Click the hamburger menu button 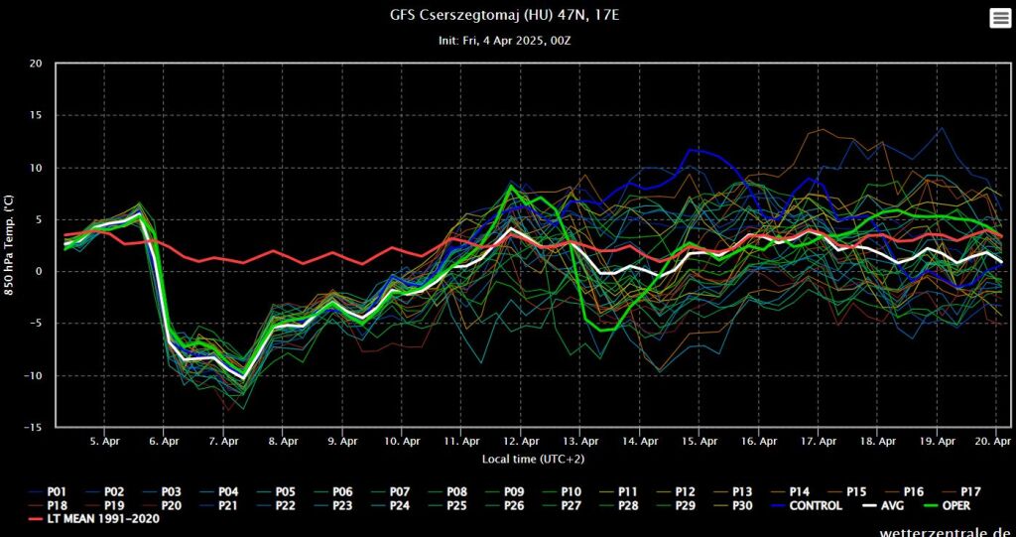click(x=999, y=18)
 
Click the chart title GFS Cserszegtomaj click(x=507, y=16)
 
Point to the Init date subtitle click(x=507, y=41)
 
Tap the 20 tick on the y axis click(x=36, y=65)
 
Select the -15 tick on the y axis click(x=34, y=427)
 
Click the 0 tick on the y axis click(x=39, y=272)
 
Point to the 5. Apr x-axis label click(x=104, y=440)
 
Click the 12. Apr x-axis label click(x=521, y=440)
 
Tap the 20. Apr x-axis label click(x=993, y=440)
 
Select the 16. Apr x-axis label click(x=759, y=440)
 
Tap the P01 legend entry click(x=49, y=490)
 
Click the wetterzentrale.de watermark click(x=947, y=532)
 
